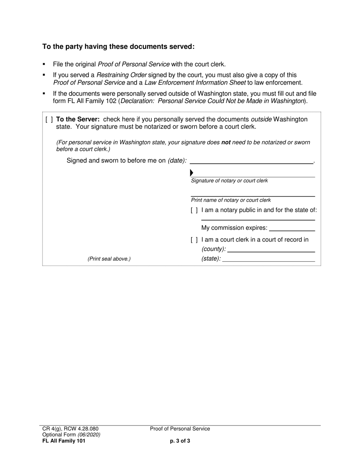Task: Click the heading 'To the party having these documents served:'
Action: click(x=118, y=47)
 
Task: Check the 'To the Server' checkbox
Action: click(x=49, y=120)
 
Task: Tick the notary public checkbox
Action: click(x=194, y=210)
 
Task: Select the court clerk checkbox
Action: click(x=194, y=240)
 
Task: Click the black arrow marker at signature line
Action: click(x=191, y=173)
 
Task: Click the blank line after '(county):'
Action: click(x=271, y=250)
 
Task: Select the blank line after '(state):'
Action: click(x=269, y=259)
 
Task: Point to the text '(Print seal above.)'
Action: click(x=109, y=259)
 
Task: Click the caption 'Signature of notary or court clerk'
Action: click(x=229, y=181)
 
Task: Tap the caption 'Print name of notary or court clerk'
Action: click(x=231, y=200)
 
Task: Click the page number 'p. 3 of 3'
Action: click(x=180, y=441)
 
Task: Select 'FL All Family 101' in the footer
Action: click(x=64, y=441)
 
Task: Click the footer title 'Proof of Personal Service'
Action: click(x=180, y=429)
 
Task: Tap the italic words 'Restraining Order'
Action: click(x=122, y=75)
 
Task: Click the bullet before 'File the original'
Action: click(x=44, y=64)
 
